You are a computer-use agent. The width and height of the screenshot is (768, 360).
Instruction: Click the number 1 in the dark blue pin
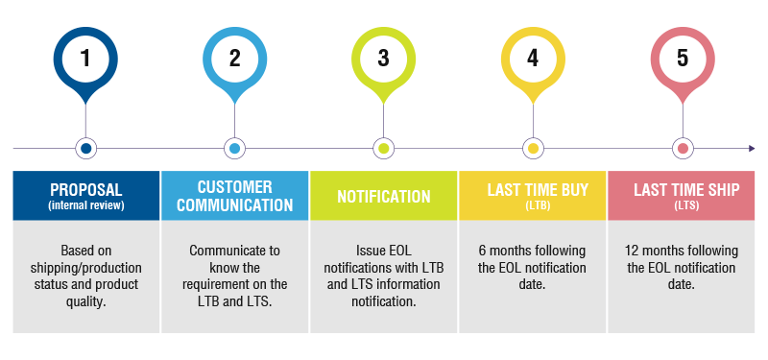[x=86, y=58]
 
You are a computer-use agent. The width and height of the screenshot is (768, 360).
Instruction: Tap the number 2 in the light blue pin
[x=235, y=58]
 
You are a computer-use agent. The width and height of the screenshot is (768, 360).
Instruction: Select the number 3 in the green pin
[x=384, y=58]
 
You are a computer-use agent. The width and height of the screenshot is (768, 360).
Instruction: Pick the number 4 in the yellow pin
[x=533, y=58]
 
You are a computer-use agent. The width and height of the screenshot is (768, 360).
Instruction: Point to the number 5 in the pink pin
[x=683, y=58]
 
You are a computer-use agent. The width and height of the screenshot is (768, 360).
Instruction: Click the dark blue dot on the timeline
[x=86, y=149]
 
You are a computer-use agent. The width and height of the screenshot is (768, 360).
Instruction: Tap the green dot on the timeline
[x=384, y=149]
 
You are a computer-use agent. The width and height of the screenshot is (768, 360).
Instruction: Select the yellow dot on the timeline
[x=533, y=149]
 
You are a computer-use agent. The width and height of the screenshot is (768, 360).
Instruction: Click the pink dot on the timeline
[x=683, y=149]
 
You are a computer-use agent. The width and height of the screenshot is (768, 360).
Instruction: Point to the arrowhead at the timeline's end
[x=752, y=149]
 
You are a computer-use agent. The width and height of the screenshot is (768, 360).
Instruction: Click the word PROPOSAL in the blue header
[x=85, y=189]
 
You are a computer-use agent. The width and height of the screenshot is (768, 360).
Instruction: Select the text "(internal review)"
[x=85, y=204]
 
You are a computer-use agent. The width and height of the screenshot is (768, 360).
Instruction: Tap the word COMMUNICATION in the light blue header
[x=234, y=205]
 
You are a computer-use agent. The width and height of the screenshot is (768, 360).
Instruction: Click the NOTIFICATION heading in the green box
[x=384, y=197]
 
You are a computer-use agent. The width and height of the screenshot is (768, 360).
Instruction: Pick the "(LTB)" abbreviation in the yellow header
[x=533, y=205]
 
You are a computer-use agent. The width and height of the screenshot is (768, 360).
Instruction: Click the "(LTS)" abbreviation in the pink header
[x=682, y=205]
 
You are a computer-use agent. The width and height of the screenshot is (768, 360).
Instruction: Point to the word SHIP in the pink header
[x=711, y=189]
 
